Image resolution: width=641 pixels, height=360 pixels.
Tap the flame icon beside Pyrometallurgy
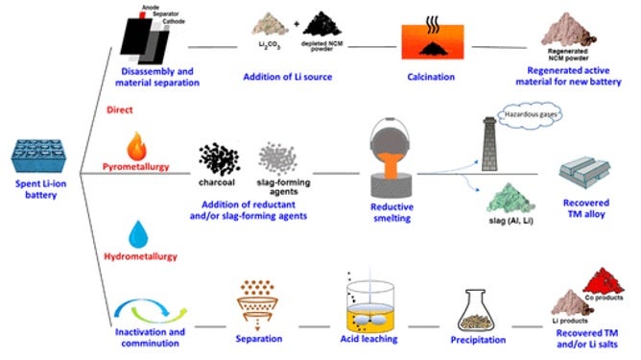pyautogui.click(x=136, y=151)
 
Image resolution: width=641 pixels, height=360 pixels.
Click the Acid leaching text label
pyautogui.click(x=365, y=339)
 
